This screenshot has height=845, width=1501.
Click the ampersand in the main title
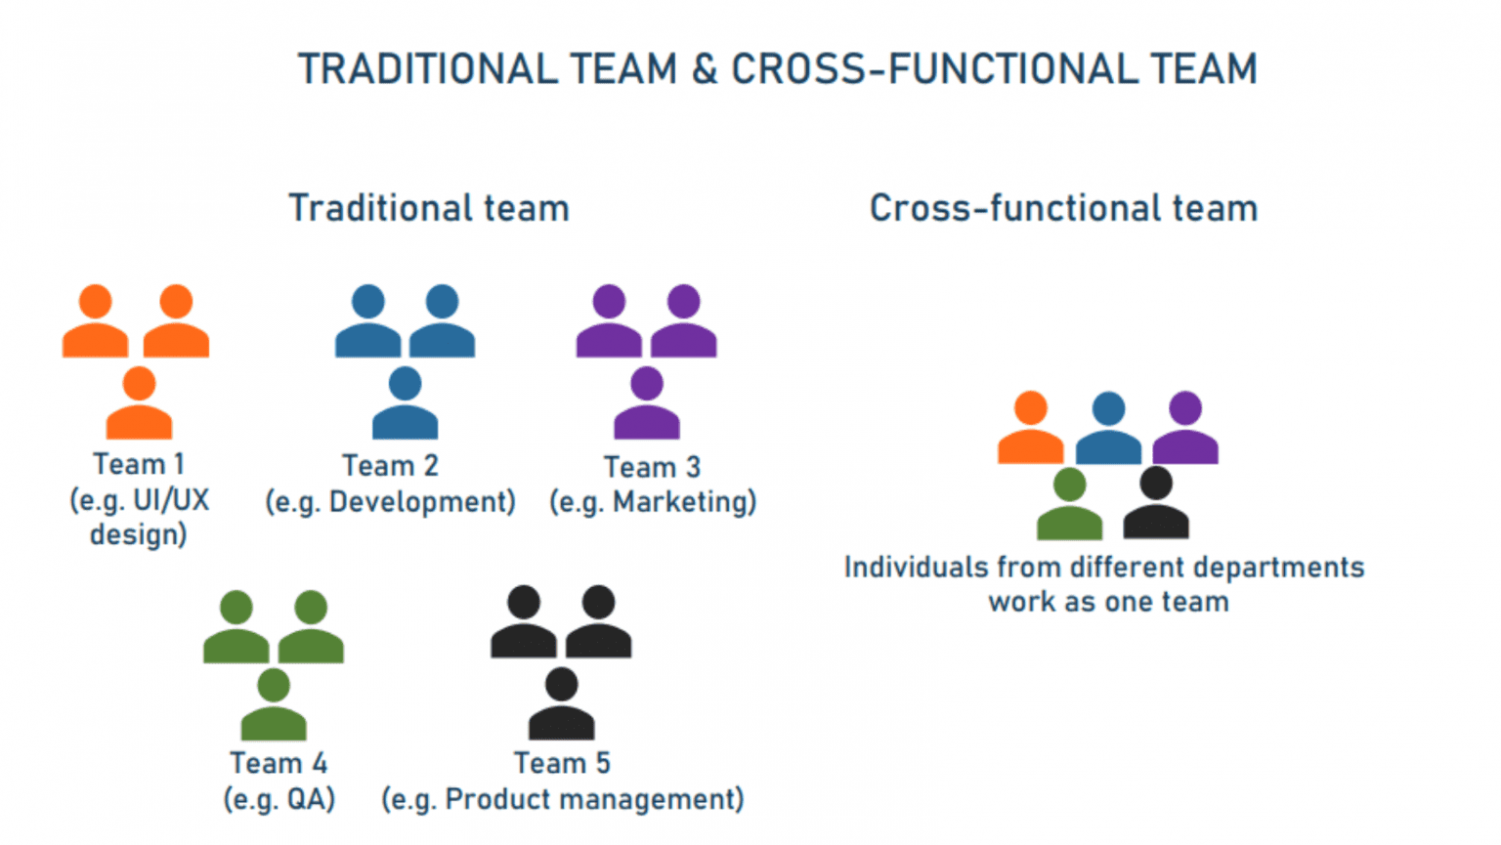tap(704, 69)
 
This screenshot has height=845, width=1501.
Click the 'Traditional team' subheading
tap(428, 208)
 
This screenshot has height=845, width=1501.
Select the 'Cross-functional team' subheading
tap(1063, 208)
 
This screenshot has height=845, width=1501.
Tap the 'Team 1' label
tap(138, 464)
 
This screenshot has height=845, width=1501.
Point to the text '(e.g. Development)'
tap(390, 502)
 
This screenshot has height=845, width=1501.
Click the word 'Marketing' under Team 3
tap(683, 502)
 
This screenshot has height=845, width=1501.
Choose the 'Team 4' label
tap(279, 763)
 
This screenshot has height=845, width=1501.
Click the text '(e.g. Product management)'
tap(562, 799)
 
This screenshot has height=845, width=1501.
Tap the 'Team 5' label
tap(562, 763)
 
